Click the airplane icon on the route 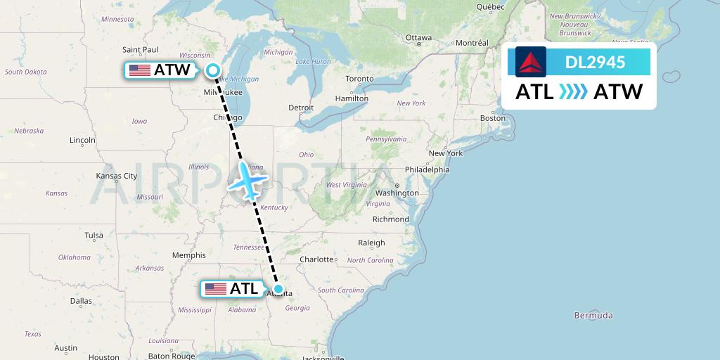[247, 181]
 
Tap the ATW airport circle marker [213, 70]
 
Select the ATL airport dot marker [278, 288]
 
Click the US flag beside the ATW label [140, 70]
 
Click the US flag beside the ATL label [216, 288]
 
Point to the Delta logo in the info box [530, 62]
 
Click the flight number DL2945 [595, 63]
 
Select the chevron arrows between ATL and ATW [573, 92]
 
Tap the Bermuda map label [593, 315]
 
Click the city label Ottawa [418, 38]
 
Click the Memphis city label [188, 255]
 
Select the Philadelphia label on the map [427, 169]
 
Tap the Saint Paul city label [140, 49]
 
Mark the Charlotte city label [316, 259]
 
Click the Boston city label [492, 118]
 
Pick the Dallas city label [81, 301]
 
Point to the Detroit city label [301, 108]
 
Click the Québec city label [491, 6]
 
